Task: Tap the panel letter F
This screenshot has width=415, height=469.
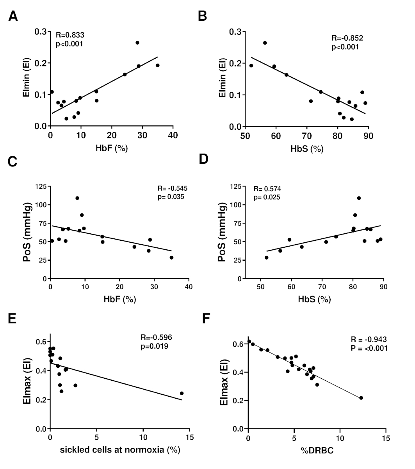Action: (207, 320)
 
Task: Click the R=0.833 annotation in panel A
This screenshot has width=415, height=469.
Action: (70, 35)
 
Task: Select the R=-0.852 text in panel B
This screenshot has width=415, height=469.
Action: (347, 38)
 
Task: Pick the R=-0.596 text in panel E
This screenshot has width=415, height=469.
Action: (156, 337)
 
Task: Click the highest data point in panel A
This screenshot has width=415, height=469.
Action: (137, 43)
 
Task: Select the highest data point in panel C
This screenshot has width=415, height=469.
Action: (77, 198)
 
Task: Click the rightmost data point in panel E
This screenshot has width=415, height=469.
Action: (182, 393)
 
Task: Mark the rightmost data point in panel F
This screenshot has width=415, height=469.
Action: (361, 398)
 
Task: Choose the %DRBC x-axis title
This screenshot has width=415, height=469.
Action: (317, 450)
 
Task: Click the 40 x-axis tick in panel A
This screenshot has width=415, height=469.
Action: (173, 135)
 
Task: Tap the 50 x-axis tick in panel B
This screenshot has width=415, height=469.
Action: (245, 135)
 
